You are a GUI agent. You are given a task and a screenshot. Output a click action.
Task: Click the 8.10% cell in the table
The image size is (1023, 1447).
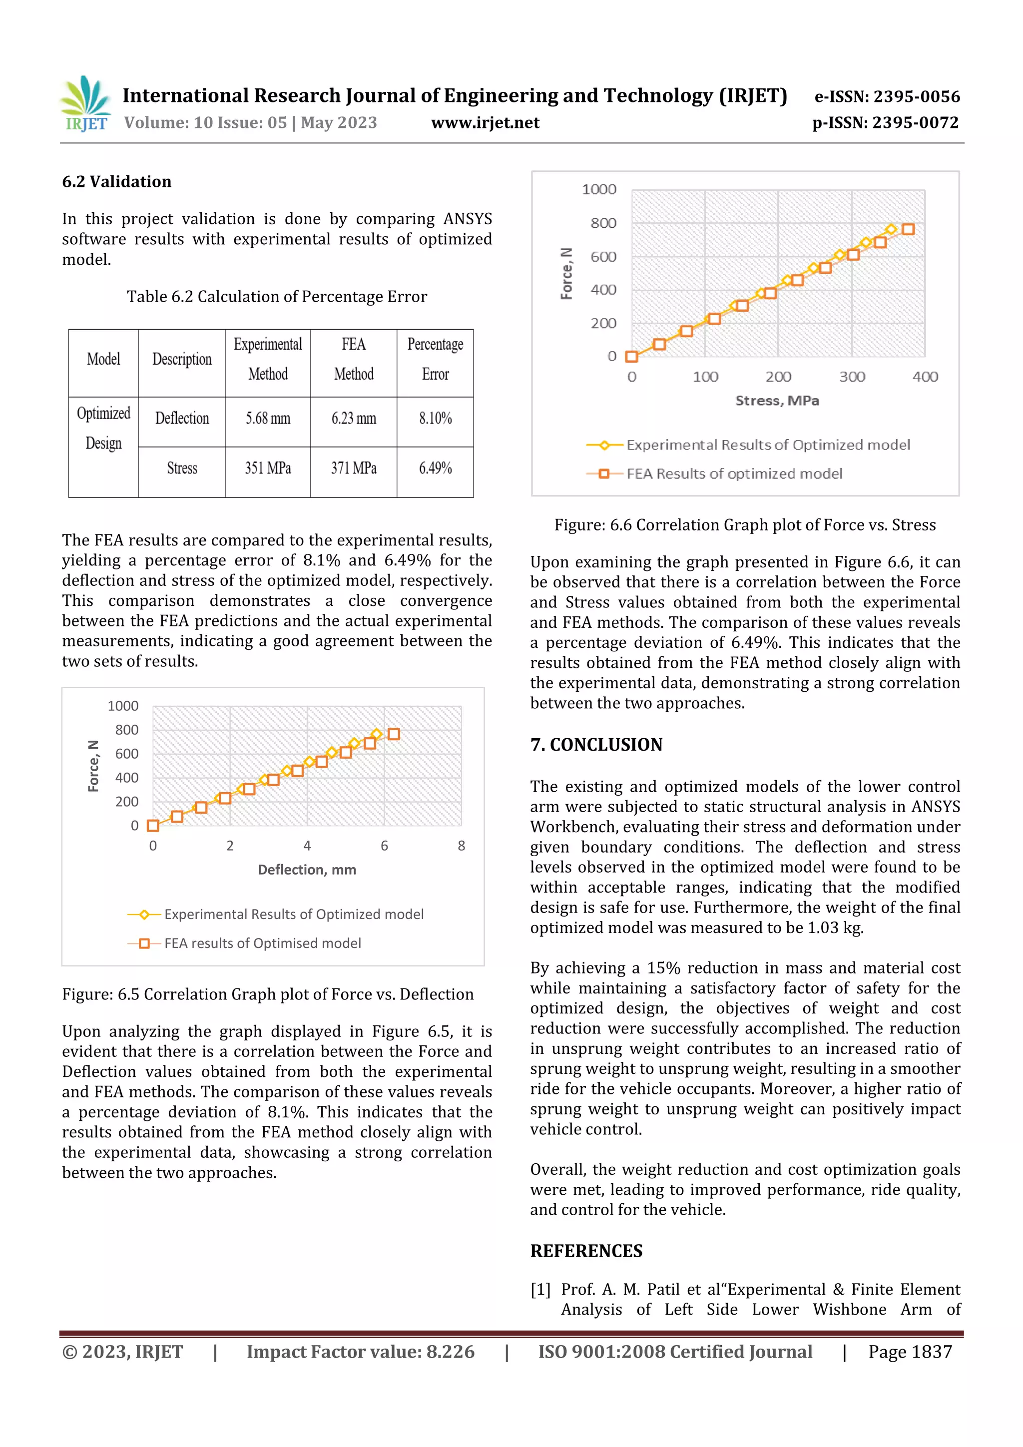tap(435, 419)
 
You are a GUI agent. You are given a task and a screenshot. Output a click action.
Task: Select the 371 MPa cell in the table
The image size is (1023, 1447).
tap(354, 468)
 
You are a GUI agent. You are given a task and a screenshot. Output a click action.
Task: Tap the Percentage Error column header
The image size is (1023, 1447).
tap(435, 359)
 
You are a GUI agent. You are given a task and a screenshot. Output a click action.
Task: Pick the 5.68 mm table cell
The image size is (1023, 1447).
tap(268, 419)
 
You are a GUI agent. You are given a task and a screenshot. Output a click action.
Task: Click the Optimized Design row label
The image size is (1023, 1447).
tap(103, 429)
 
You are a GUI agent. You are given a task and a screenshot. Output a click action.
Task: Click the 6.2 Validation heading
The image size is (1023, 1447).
tap(116, 182)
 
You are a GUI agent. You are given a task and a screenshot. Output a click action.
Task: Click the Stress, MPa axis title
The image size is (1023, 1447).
tap(777, 401)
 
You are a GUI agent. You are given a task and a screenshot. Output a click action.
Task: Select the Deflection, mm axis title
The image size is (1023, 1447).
tap(307, 870)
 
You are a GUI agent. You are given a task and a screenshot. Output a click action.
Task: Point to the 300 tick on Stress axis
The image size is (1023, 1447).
tap(852, 377)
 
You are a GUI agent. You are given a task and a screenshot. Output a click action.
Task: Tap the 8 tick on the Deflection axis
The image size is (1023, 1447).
tap(462, 846)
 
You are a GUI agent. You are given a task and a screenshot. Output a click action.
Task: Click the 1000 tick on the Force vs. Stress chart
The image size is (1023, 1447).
tap(599, 190)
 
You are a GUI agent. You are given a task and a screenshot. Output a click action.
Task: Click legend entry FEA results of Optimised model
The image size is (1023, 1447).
tap(262, 944)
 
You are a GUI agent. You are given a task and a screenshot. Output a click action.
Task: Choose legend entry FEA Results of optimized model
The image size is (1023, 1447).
tap(734, 474)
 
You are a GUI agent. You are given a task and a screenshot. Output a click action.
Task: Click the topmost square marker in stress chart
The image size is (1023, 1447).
tap(908, 229)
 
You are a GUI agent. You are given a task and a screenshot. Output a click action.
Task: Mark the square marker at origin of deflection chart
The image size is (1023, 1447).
tap(152, 826)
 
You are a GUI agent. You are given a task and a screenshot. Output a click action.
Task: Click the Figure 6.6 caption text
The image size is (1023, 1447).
tap(744, 525)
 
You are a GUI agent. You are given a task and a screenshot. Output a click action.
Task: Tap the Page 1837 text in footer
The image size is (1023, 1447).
tap(910, 1352)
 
